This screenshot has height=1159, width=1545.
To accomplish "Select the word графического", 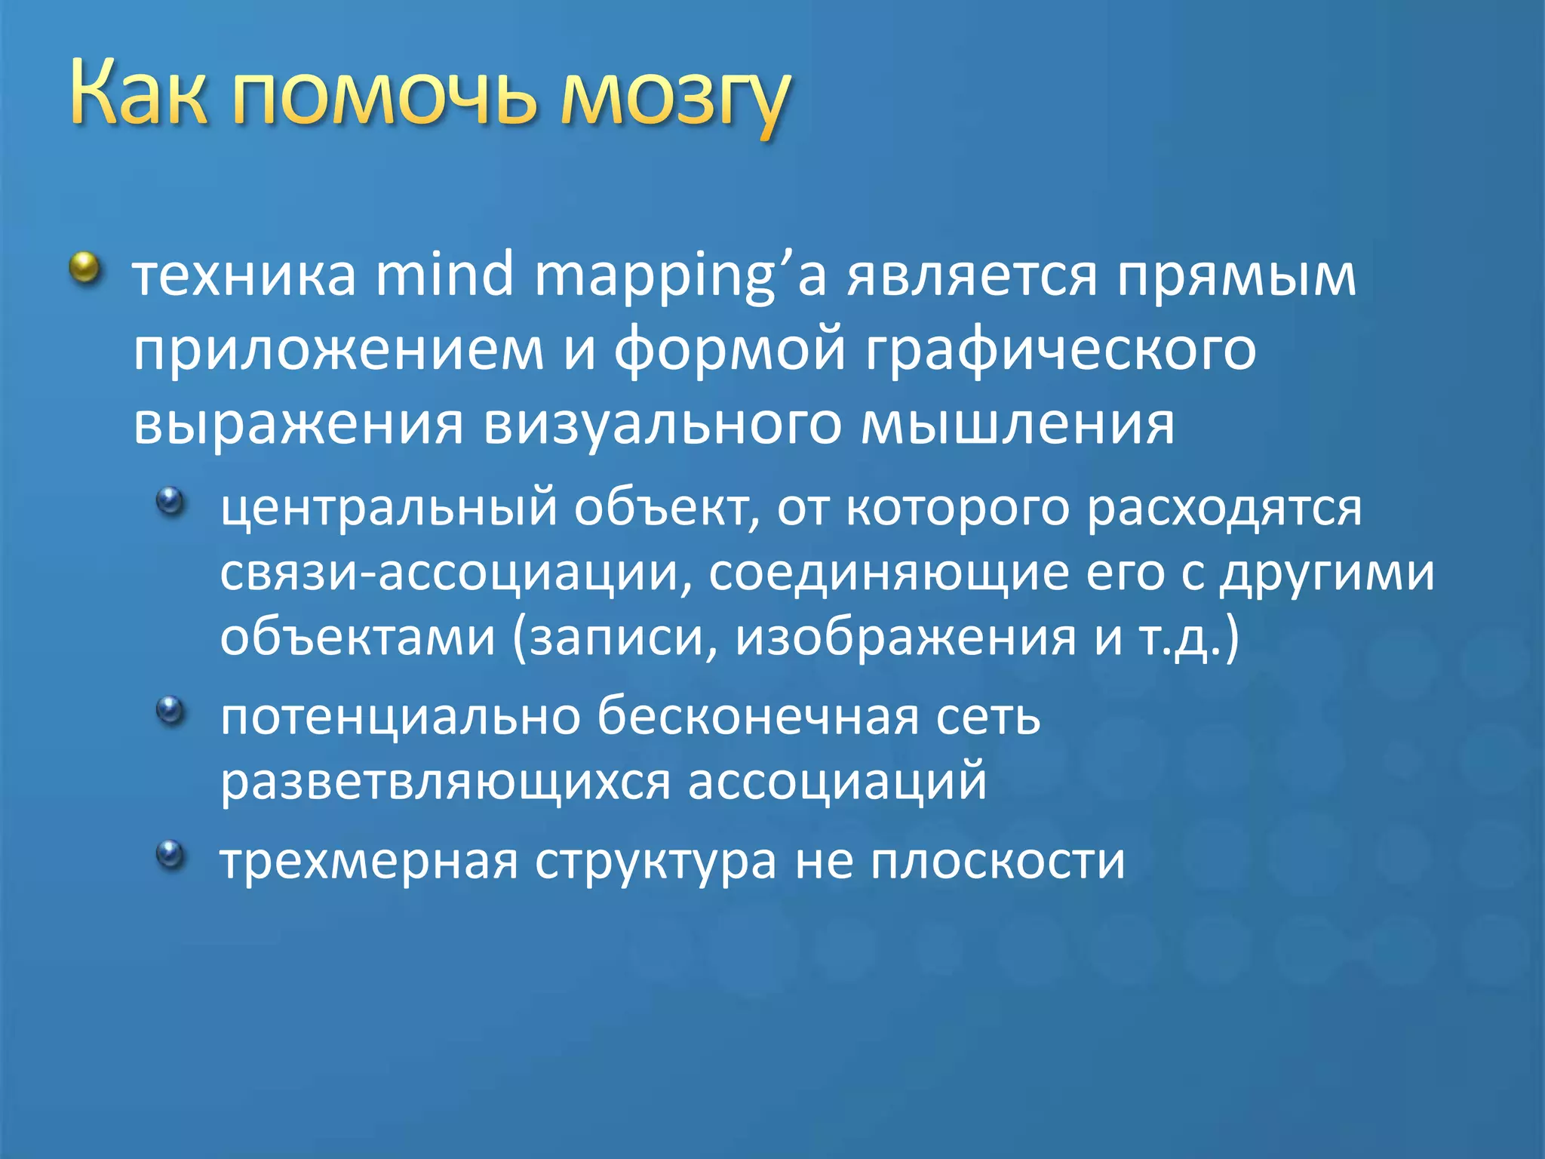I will coord(1060,351).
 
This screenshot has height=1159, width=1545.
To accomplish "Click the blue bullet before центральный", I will coord(170,501).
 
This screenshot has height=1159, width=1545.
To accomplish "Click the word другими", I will coord(1328,573).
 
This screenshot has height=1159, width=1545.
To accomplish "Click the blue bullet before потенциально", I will coord(170,710).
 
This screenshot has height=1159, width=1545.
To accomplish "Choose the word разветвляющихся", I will coord(445,782).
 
